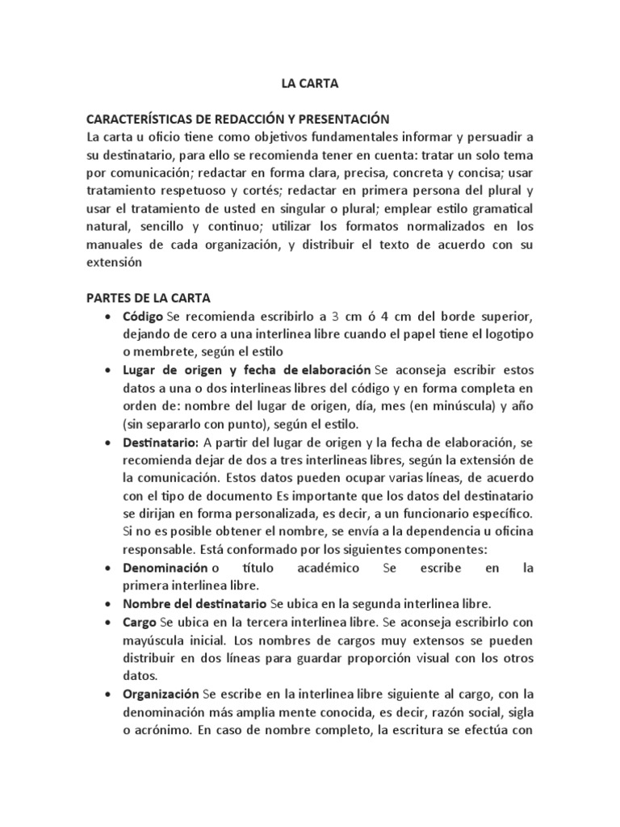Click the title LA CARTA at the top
click(x=309, y=82)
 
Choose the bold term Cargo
click(x=140, y=623)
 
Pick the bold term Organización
click(x=161, y=694)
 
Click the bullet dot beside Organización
click(x=108, y=695)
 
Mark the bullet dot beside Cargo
click(x=108, y=623)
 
